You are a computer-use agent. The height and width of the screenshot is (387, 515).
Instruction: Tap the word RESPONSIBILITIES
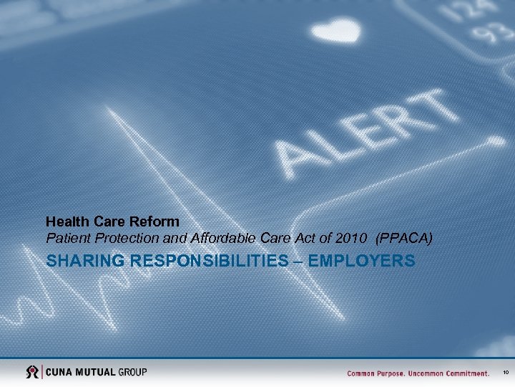pyautogui.click(x=215, y=262)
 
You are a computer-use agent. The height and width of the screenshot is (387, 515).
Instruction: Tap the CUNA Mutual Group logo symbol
pyautogui.click(x=32, y=372)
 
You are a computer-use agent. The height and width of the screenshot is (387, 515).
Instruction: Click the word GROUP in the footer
pyautogui.click(x=133, y=372)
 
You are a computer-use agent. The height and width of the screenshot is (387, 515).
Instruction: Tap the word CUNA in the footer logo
pyautogui.click(x=62, y=372)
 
